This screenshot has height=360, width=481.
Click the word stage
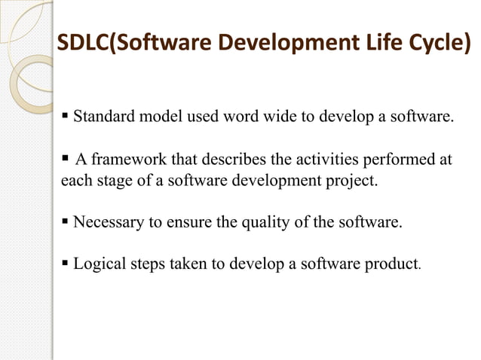click(115, 182)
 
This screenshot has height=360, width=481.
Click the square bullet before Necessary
click(66, 223)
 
